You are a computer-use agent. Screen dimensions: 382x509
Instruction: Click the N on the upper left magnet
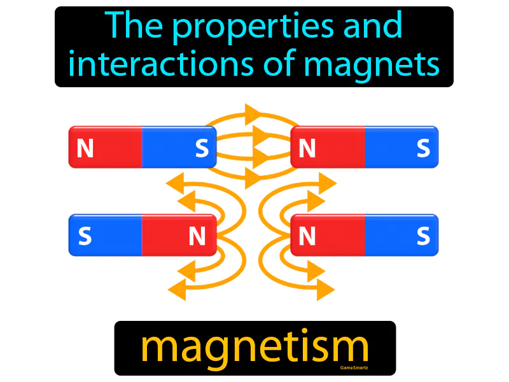point(85,148)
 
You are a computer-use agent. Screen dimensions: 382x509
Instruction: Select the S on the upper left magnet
point(202,148)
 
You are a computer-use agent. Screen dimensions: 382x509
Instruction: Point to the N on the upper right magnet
point(307,148)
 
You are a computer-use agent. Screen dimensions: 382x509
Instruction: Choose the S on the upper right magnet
point(423,148)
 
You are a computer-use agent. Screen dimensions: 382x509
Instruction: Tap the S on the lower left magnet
point(85,237)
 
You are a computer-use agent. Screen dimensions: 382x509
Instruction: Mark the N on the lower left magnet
point(197,237)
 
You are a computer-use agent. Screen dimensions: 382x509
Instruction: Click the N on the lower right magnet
point(307,237)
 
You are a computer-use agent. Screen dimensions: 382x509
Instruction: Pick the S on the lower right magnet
point(423,237)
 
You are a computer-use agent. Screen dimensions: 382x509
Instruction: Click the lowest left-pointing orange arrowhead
point(178,291)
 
